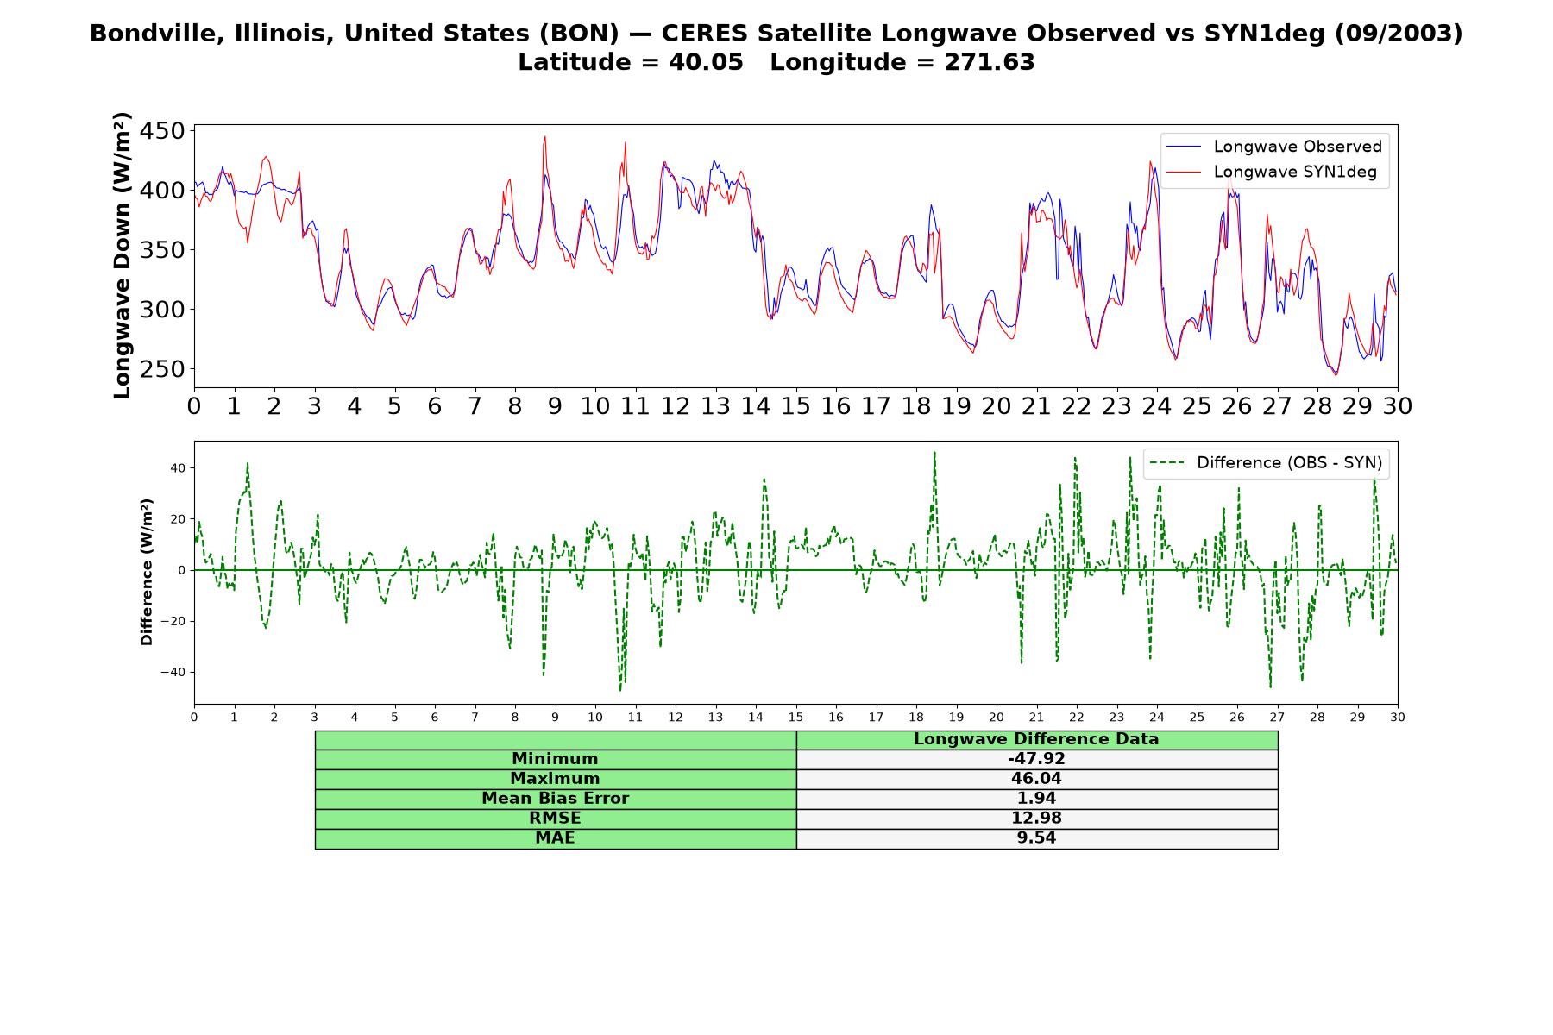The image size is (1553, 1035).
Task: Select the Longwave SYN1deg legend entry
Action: click(x=1272, y=172)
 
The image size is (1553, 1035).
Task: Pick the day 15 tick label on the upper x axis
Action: click(x=795, y=406)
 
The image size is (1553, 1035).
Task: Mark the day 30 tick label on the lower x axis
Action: click(x=1398, y=717)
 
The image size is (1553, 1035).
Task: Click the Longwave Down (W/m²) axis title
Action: click(x=122, y=255)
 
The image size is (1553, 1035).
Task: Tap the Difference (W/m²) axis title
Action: click(x=147, y=572)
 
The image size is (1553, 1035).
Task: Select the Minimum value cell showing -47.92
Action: click(x=1036, y=759)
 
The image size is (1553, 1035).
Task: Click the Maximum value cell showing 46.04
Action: click(x=1036, y=779)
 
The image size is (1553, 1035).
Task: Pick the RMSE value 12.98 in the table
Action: click(x=1036, y=818)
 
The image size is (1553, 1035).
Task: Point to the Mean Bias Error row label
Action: click(x=555, y=799)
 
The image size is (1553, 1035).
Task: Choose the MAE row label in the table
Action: click(x=555, y=837)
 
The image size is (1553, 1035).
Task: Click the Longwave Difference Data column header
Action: click(x=1036, y=739)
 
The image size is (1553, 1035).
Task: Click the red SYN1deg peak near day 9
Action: click(x=545, y=136)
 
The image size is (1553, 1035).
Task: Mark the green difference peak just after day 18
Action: click(x=934, y=452)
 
